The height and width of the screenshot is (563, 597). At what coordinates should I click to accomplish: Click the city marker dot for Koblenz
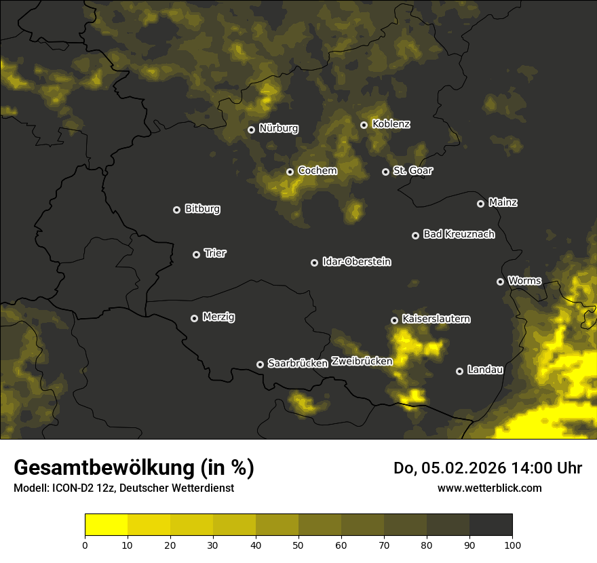(x=364, y=125)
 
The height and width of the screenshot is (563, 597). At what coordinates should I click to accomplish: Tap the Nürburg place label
(x=278, y=128)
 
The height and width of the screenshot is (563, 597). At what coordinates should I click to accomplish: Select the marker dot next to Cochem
(x=290, y=172)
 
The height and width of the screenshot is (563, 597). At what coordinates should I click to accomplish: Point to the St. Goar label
(x=412, y=170)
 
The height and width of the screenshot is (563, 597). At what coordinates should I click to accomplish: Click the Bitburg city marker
(x=176, y=210)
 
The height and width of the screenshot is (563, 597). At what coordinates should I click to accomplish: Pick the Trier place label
(x=215, y=253)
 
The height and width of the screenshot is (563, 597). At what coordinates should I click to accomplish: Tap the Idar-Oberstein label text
(x=356, y=261)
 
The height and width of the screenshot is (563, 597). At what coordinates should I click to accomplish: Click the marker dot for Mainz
(x=480, y=203)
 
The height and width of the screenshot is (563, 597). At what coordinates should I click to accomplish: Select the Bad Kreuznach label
(x=459, y=234)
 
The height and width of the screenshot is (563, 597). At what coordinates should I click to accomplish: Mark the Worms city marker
(x=500, y=281)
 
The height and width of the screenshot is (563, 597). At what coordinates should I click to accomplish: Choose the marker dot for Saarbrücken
(x=260, y=364)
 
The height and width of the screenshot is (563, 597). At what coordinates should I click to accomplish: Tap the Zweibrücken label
(x=362, y=361)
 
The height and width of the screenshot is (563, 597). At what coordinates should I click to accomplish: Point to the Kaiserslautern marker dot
(x=394, y=320)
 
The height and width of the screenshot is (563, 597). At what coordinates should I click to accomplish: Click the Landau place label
(x=485, y=370)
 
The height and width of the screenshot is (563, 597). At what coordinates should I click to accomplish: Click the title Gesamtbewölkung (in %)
(x=134, y=468)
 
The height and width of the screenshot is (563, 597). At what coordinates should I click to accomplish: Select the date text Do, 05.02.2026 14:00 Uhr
(x=488, y=468)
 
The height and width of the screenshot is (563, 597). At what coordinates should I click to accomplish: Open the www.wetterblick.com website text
(x=489, y=488)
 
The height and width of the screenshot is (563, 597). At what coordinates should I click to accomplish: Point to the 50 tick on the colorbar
(x=298, y=544)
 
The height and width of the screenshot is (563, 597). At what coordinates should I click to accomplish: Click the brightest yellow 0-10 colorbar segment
(x=106, y=525)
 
